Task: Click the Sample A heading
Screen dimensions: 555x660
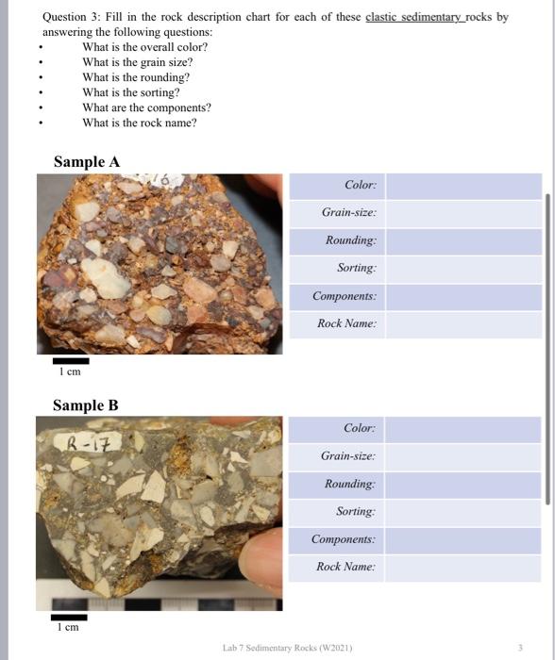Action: coord(87,162)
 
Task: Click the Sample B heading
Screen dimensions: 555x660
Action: coord(85,405)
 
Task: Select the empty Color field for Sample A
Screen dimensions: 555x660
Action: coord(463,186)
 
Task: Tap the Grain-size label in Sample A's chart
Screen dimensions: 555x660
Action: coord(348,213)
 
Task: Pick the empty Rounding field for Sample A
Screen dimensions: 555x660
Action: coord(463,241)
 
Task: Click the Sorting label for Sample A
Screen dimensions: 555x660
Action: coord(356,269)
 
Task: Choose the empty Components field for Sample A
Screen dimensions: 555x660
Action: coord(463,297)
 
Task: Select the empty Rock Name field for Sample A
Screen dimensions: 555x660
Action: coord(463,324)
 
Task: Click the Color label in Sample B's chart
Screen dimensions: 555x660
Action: coord(360,429)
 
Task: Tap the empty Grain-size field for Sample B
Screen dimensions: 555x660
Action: coord(463,457)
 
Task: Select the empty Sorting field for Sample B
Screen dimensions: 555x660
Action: coord(463,512)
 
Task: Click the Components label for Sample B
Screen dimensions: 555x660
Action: coord(344,540)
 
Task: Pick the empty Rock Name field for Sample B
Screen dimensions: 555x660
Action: coord(463,568)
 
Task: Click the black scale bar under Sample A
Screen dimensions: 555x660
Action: coord(71,360)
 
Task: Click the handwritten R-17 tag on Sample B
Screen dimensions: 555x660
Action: coord(91,440)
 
